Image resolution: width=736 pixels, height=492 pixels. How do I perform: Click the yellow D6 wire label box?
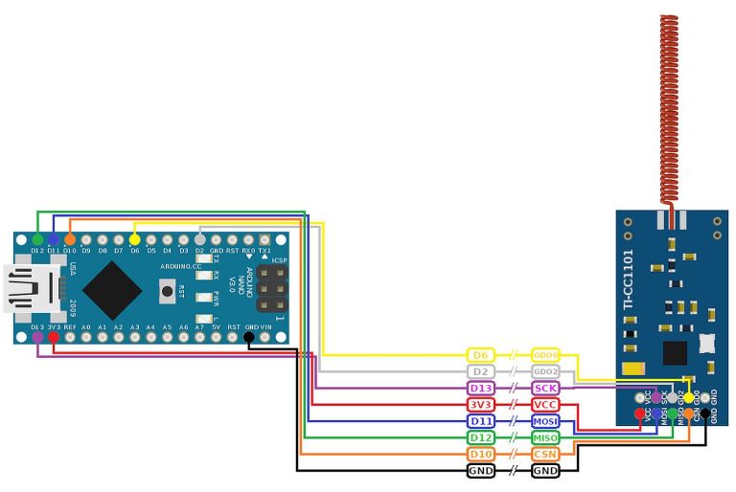click(x=481, y=355)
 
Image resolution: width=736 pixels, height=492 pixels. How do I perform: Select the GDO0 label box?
click(x=545, y=355)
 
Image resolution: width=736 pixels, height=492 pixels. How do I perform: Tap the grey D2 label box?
click(x=481, y=371)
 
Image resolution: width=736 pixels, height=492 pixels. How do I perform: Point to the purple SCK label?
click(x=545, y=388)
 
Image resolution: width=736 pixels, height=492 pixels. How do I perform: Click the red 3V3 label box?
click(x=481, y=405)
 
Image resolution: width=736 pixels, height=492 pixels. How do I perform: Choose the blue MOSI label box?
click(x=545, y=421)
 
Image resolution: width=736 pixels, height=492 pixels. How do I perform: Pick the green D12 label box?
click(x=481, y=437)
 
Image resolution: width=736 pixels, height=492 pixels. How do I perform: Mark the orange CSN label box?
click(x=545, y=454)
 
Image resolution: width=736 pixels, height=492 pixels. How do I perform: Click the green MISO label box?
click(x=545, y=437)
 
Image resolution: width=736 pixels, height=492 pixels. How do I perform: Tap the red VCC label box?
click(x=545, y=405)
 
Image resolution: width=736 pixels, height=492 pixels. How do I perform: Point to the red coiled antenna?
click(x=669, y=105)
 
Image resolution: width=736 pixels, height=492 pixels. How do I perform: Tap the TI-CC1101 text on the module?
click(x=629, y=276)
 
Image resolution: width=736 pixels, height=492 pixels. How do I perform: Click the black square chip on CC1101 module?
click(x=676, y=352)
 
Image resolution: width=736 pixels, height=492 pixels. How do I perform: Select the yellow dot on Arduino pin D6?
click(x=134, y=238)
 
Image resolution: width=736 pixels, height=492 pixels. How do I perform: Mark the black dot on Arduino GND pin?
click(x=249, y=337)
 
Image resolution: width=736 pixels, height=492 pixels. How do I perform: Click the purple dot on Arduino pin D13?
click(x=37, y=337)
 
